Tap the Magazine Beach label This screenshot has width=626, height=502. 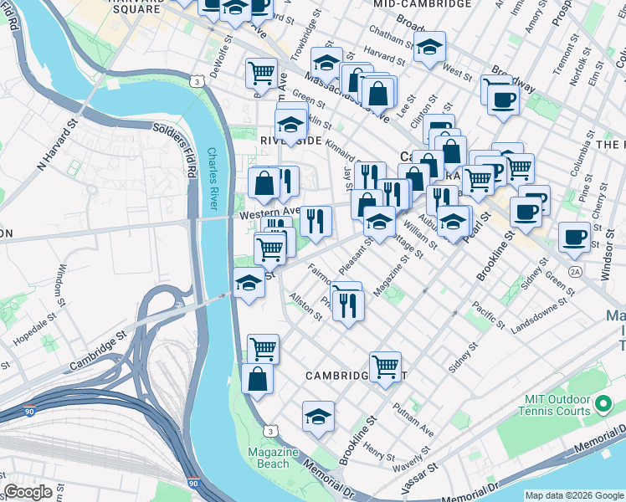pos(273,458)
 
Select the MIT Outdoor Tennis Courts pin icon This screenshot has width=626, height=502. pos(603,407)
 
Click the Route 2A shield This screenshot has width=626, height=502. pos(574,272)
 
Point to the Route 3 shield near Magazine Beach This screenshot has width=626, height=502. pos(269,430)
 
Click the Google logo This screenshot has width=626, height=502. pos(28,492)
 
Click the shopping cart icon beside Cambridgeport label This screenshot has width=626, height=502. pos(385,365)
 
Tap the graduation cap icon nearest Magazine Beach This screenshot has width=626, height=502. pos(318,414)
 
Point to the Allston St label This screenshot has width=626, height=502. pos(305,305)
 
